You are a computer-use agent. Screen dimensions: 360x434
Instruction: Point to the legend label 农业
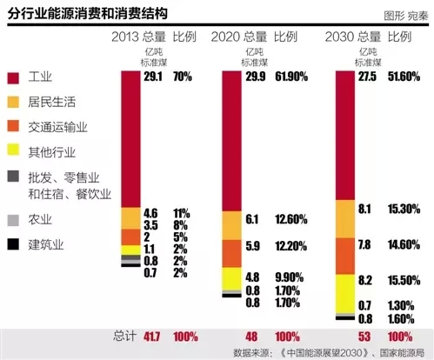[x=40, y=220]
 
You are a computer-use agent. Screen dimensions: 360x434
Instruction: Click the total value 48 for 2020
[x=252, y=334]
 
